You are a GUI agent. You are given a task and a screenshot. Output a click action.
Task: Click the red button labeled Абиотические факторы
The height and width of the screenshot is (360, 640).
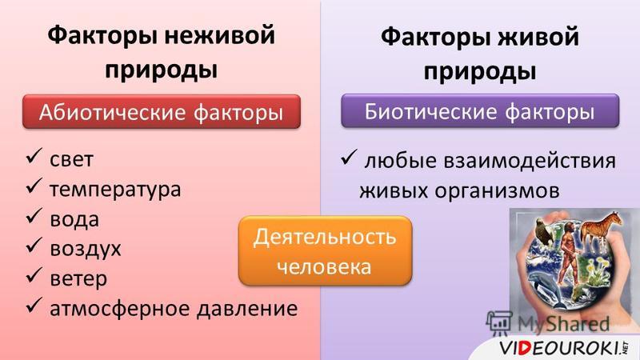162,112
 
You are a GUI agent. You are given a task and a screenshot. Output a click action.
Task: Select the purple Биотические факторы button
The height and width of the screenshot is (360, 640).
480,111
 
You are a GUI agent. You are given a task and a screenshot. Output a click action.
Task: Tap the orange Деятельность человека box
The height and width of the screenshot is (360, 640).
325,251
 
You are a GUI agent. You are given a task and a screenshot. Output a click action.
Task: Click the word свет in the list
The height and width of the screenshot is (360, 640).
71,159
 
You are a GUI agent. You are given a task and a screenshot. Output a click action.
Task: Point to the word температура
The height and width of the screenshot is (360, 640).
115,190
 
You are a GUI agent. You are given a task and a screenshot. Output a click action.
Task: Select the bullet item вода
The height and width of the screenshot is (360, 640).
74,219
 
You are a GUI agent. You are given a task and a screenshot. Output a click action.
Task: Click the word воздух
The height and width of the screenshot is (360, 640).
86,249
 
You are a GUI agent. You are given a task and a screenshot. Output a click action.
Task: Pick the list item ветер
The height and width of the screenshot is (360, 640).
78,278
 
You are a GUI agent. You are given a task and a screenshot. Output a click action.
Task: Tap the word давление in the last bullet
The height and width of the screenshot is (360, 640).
247,308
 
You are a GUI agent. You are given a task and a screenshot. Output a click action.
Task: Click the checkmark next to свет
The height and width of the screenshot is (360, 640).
34,156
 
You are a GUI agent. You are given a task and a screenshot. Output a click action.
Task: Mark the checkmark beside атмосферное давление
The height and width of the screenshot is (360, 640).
34,306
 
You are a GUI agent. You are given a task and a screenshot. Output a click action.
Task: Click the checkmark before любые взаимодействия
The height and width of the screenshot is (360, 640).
349,158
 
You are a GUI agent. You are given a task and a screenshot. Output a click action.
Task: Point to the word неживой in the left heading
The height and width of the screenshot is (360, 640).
219,35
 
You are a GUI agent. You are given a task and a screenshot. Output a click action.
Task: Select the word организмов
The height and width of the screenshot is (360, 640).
497,191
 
